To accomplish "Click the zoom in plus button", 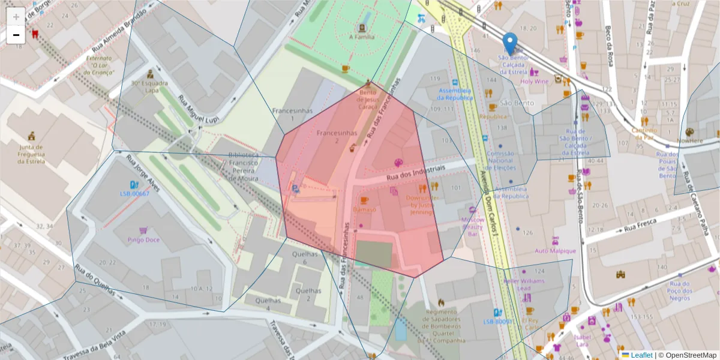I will click(16, 16).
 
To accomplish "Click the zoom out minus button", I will click(16, 35).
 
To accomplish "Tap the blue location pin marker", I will click(509, 44).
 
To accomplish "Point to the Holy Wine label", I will click(534, 81).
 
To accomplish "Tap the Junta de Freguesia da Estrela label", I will click(31, 154).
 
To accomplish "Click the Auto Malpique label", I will click(555, 251).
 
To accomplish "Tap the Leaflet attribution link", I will click(641, 355).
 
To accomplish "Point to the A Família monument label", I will click(362, 37).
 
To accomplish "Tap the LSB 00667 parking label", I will click(134, 194).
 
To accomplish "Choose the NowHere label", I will click(689, 140).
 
